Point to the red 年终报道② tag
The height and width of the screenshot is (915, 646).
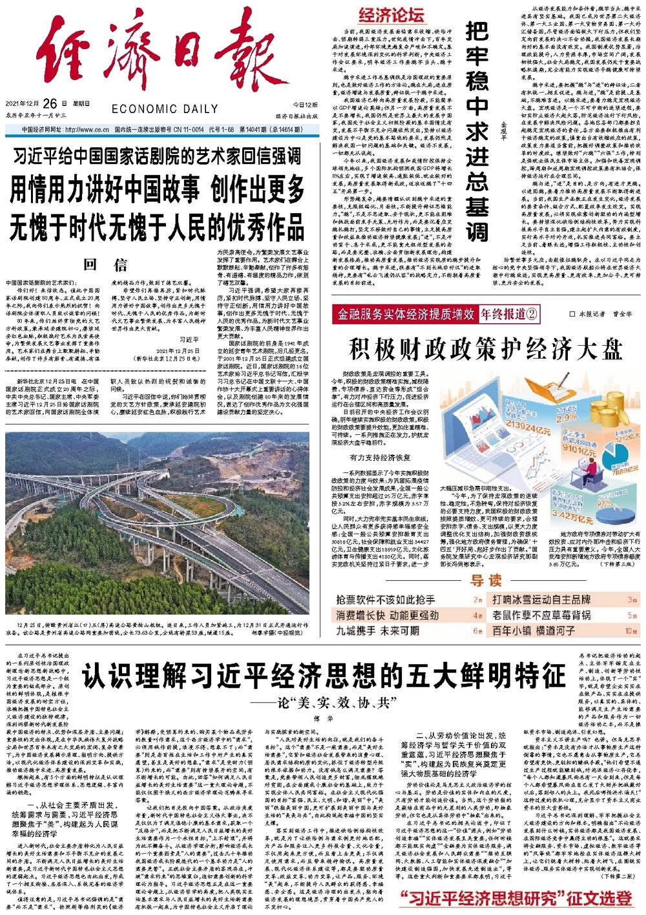coord(509,315)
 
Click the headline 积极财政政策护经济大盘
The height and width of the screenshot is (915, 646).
coord(486,349)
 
